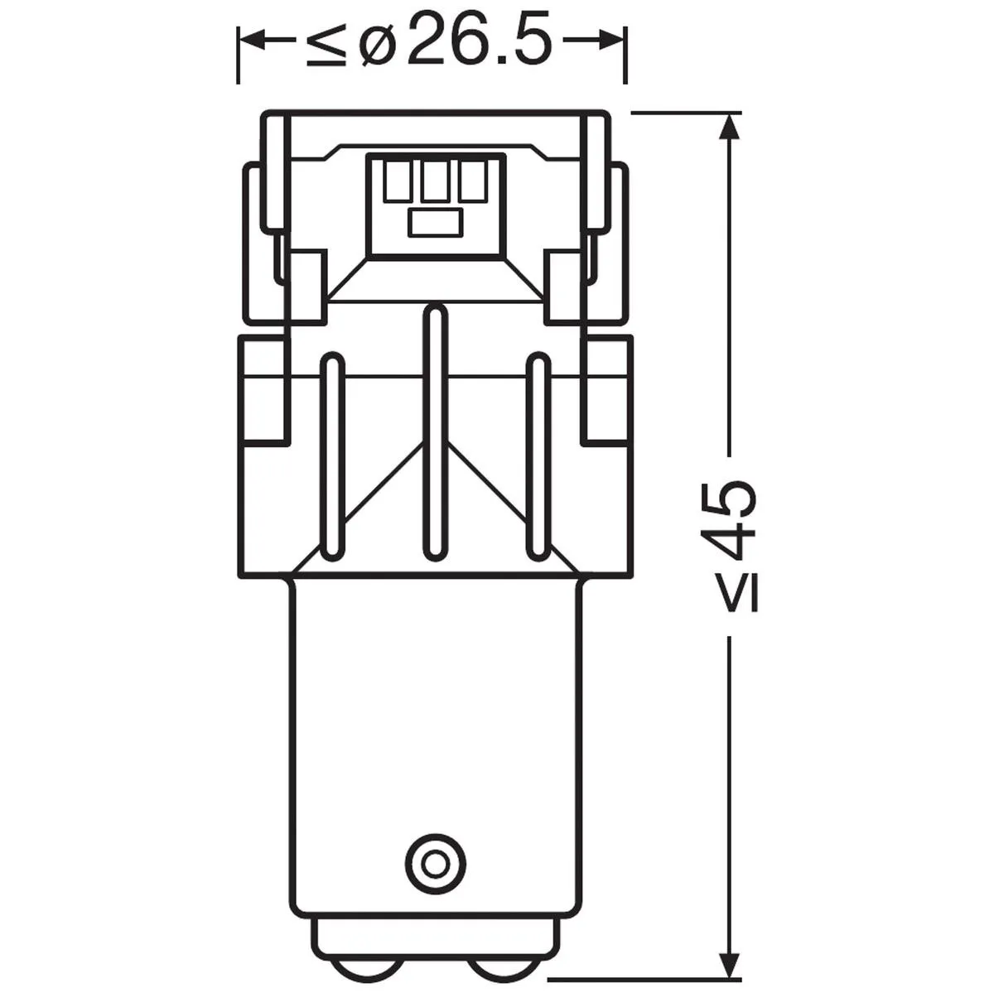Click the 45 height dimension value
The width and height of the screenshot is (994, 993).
coord(732,521)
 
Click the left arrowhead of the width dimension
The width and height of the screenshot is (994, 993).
coord(253,41)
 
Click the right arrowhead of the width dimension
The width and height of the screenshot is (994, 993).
coord(611,41)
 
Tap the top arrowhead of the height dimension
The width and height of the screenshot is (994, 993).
coord(729,128)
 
